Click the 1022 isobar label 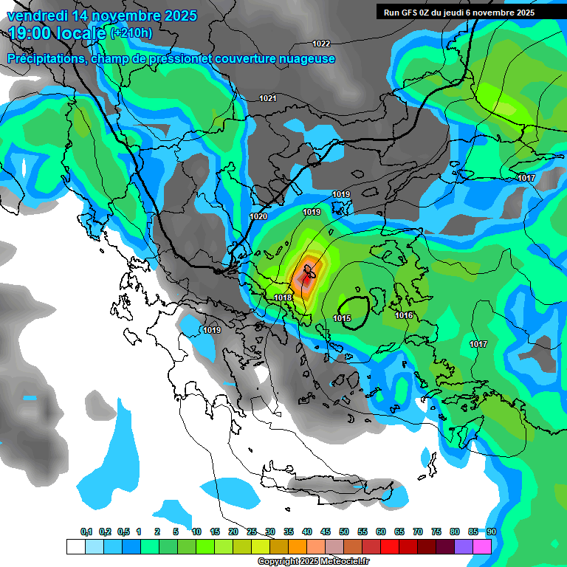[x=321, y=44]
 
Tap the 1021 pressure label [x=268, y=98]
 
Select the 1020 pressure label [x=258, y=216]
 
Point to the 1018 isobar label [x=283, y=298]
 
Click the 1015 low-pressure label [x=342, y=318]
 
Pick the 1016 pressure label [x=404, y=315]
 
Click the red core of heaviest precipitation [x=306, y=279]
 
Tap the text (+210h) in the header [x=131, y=32]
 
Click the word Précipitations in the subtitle [x=47, y=59]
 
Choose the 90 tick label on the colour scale [x=492, y=532]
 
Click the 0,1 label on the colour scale [x=86, y=532]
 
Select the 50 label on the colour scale [x=344, y=532]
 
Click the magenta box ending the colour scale [x=482, y=546]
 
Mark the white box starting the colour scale [x=75, y=546]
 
